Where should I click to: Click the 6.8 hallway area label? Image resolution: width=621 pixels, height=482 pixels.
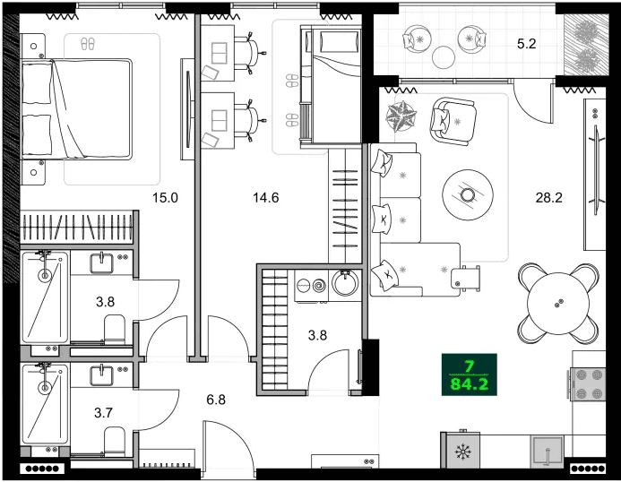click(x=215, y=399)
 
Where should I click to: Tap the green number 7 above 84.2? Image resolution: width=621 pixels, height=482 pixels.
click(x=469, y=366)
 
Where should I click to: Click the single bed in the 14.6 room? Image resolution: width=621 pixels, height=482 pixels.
click(x=329, y=85)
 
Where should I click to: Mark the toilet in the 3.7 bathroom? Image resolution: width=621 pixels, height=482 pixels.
click(x=115, y=441)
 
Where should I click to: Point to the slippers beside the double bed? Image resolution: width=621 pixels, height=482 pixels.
click(x=88, y=43)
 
